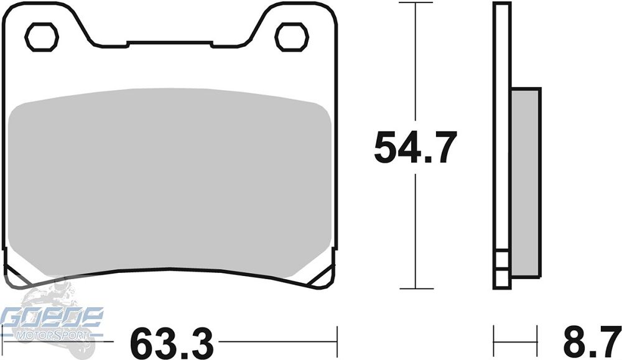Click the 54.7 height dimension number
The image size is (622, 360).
click(x=415, y=147)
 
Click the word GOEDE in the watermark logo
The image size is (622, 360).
click(x=52, y=318)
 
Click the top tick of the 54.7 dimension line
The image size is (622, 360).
click(x=415, y=3)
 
